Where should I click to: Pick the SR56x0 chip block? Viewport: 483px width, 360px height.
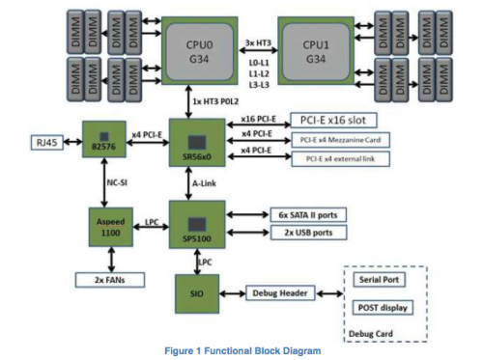[197, 146]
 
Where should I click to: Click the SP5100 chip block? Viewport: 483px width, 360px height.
[197, 227]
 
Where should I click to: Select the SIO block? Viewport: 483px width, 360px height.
[197, 291]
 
